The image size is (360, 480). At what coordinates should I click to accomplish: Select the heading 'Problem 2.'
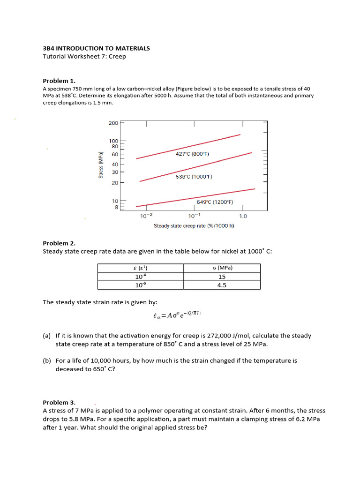(59, 243)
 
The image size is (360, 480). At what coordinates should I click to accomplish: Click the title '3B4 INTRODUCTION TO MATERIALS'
(96, 48)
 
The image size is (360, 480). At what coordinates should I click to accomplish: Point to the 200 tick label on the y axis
(113, 123)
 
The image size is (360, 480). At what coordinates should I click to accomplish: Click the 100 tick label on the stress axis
(113, 141)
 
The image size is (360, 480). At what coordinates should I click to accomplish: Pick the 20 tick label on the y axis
(115, 182)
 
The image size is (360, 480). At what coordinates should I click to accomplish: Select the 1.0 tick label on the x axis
(243, 216)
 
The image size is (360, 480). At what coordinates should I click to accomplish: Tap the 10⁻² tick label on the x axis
(146, 216)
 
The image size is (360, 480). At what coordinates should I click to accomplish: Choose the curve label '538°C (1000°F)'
(194, 177)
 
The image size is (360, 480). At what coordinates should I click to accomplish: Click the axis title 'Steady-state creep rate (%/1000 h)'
(194, 226)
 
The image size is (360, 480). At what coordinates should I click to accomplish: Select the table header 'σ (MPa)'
(222, 268)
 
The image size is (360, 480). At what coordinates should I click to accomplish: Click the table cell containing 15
(222, 277)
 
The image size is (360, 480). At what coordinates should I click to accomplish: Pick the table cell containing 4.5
(222, 285)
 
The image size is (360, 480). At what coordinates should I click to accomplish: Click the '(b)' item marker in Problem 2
(46, 361)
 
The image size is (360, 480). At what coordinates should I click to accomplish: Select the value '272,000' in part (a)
(231, 336)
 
